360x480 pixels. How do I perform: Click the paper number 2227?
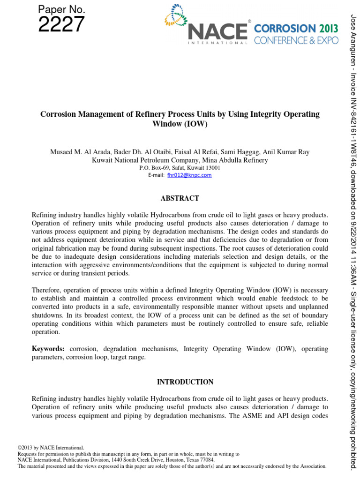61,24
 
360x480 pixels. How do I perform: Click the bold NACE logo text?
217,31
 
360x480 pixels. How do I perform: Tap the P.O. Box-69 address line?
180,167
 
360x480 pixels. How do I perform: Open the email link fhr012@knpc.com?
193,175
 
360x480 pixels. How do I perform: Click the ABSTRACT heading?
180,198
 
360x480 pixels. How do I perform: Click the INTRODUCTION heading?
180,382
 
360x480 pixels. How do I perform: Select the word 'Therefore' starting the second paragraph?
46,290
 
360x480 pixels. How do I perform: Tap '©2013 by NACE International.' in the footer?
51,448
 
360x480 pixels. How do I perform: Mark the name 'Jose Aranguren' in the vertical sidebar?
353,35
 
